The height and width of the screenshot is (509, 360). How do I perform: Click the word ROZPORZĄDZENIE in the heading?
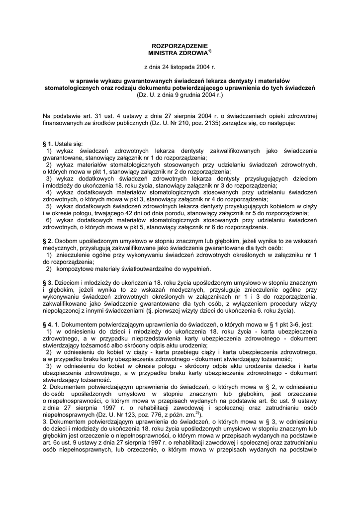click(180, 46)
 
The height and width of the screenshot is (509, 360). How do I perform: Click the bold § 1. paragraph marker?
click(48, 144)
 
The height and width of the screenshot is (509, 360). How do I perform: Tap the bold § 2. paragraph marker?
click(48, 241)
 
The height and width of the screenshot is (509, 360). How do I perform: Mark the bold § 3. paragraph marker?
click(48, 283)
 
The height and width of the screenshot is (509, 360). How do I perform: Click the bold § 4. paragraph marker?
click(48, 325)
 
